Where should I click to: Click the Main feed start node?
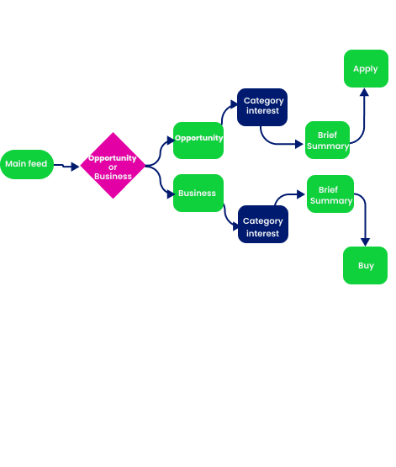pyautogui.click(x=27, y=164)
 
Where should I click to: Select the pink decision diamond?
pyautogui.click(x=113, y=165)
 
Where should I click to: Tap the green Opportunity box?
pyautogui.click(x=198, y=141)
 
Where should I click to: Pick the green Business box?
pyautogui.click(x=198, y=193)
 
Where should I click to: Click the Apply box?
pyautogui.click(x=366, y=68)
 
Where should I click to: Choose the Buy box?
pyautogui.click(x=366, y=265)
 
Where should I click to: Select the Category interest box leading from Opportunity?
pyautogui.click(x=262, y=107)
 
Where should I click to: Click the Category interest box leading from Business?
pyautogui.click(x=263, y=224)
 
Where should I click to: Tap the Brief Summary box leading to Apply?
pyautogui.click(x=327, y=140)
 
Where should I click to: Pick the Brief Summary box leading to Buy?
pyautogui.click(x=330, y=194)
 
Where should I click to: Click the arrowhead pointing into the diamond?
pyautogui.click(x=76, y=167)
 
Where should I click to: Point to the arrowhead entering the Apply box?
pyautogui.click(x=364, y=92)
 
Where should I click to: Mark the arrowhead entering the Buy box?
pyautogui.click(x=366, y=241)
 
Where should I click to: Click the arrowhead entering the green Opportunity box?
pyautogui.click(x=171, y=141)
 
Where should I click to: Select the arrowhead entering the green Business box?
pyautogui.click(x=171, y=194)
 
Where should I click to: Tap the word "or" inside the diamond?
pyautogui.click(x=113, y=167)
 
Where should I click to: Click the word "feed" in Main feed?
pyautogui.click(x=38, y=163)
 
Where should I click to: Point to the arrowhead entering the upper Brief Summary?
pyautogui.click(x=299, y=144)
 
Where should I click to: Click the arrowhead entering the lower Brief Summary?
pyautogui.click(x=301, y=194)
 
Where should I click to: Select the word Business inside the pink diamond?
pyautogui.click(x=113, y=177)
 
